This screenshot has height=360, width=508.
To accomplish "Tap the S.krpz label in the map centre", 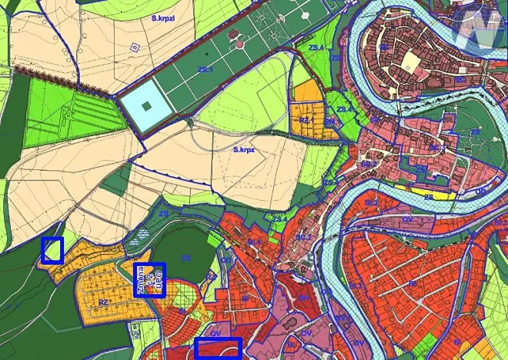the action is point(244,151).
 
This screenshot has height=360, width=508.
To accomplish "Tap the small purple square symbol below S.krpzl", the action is point(135,47).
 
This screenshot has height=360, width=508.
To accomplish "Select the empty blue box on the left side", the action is point(52,250).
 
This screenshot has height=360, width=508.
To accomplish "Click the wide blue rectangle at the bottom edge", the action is point(218,348).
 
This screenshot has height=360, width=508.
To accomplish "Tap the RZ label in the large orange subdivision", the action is point(103,303).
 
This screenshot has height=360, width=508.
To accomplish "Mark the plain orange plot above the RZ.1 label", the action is point(307,92).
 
